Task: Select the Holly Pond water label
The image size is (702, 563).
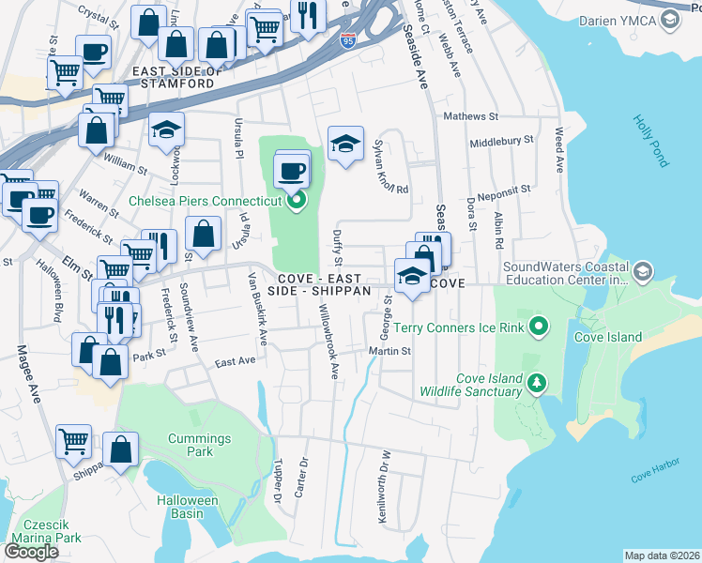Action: [x=649, y=141]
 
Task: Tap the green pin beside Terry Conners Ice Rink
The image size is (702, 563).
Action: [x=538, y=327]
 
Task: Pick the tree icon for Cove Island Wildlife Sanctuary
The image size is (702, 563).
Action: [x=536, y=383]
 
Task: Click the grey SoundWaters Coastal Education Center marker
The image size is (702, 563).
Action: [x=643, y=272]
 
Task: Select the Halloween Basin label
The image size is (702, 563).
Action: [x=187, y=507]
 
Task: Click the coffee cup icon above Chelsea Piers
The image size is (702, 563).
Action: [x=293, y=172]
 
